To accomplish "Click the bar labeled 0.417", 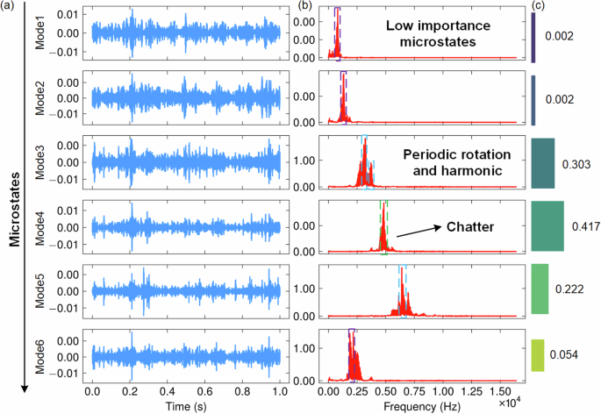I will [x=547, y=226].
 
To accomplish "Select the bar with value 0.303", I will [x=543, y=163].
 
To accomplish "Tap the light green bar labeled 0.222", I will [x=540, y=289].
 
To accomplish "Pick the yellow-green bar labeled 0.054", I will [x=538, y=353].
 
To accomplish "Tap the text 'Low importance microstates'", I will [x=431, y=33].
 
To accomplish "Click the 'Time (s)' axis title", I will [x=186, y=406].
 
